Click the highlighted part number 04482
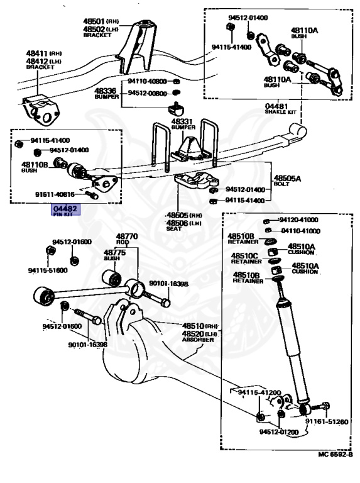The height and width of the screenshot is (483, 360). pyautogui.click(x=65, y=208)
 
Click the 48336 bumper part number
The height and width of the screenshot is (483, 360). pyautogui.click(x=106, y=91)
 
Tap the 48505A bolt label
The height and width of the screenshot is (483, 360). pyautogui.click(x=287, y=178)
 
